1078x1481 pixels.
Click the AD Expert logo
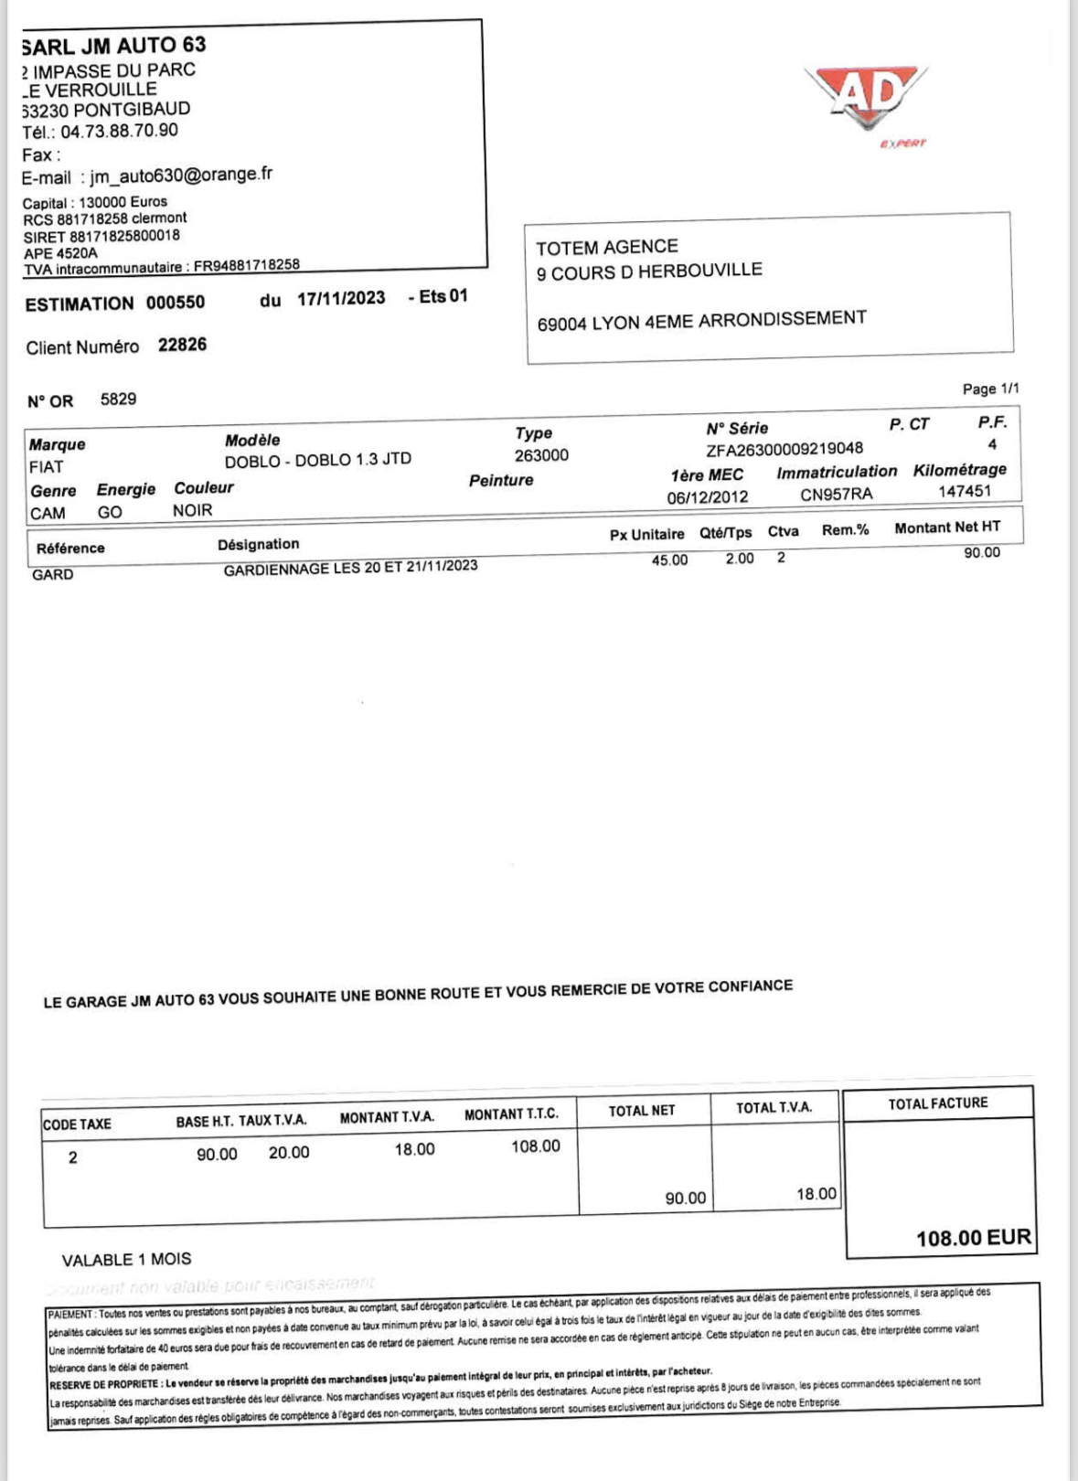tap(866, 99)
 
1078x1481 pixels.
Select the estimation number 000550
tap(176, 303)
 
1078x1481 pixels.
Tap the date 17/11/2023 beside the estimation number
tap(341, 298)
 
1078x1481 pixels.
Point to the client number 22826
tap(182, 345)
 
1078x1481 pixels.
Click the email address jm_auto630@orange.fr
tap(181, 174)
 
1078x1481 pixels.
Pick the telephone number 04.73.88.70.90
tap(120, 131)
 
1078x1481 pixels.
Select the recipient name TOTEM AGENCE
tap(607, 247)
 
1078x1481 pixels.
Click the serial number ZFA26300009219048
tap(784, 449)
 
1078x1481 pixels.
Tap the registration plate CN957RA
tap(836, 494)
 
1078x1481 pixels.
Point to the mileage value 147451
tap(965, 491)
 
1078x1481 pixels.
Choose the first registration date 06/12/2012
tap(707, 497)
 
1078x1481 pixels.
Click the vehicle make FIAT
tap(47, 467)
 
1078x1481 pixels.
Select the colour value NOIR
tap(192, 510)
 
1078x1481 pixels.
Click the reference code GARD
tap(52, 575)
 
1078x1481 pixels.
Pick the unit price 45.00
tap(669, 559)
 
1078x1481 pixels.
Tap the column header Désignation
tap(258, 545)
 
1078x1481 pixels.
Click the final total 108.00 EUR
tap(973, 1238)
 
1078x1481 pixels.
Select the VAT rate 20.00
tap(289, 1153)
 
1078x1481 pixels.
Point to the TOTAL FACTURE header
tap(937, 1103)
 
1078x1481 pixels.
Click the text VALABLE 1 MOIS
tap(126, 1260)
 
